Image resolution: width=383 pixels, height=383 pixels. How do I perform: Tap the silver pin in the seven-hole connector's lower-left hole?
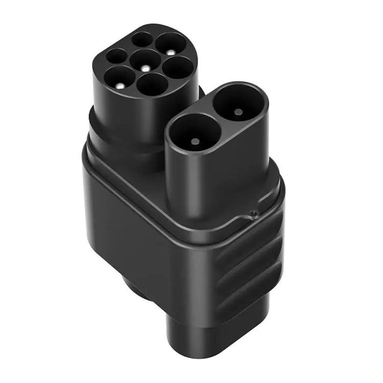[120, 85]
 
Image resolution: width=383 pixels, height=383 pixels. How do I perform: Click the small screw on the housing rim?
[252, 212]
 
